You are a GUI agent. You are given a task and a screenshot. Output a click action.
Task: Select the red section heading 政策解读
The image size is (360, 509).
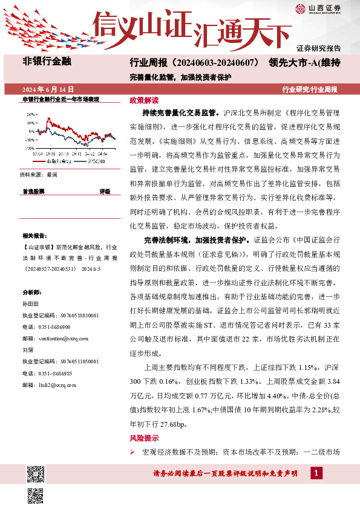(x=144, y=100)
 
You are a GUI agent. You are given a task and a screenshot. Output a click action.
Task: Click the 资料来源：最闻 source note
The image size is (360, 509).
(x=39, y=174)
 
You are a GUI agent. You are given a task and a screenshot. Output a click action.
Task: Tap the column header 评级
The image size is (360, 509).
(x=105, y=191)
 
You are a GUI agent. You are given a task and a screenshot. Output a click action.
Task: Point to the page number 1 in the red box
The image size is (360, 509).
(x=317, y=472)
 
